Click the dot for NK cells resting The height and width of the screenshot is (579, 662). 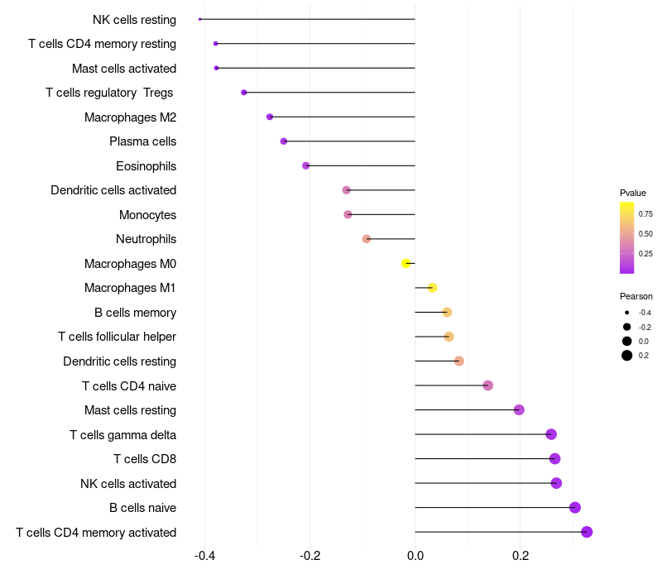point(200,19)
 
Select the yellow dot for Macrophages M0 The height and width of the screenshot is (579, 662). point(405,264)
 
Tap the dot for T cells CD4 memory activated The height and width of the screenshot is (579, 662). point(587,532)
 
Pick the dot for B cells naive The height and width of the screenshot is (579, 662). point(575,508)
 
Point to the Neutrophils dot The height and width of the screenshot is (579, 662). point(367,239)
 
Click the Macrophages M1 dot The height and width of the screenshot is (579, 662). point(432,288)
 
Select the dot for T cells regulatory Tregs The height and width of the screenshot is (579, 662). point(244,93)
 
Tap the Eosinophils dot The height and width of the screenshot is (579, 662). point(306,166)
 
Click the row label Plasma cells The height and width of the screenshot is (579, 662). point(142,141)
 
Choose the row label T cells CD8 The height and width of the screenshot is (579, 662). point(145,459)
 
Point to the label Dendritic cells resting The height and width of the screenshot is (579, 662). point(119,361)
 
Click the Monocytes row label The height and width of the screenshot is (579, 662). point(147,215)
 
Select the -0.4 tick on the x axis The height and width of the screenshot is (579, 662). point(205,556)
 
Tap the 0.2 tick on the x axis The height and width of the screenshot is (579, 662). point(520,556)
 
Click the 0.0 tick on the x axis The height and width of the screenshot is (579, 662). point(415,556)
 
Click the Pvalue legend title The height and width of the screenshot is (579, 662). point(633,193)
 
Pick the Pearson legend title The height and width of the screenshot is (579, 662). point(636,296)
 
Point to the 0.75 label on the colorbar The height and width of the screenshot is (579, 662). point(645,213)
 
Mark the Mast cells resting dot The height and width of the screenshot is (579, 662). point(519,410)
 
